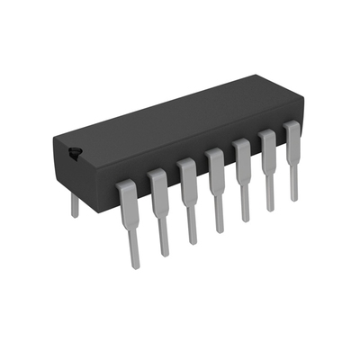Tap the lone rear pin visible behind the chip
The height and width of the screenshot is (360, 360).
(x=75, y=205)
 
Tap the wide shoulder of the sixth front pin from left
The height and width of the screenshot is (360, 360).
(x=267, y=145)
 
